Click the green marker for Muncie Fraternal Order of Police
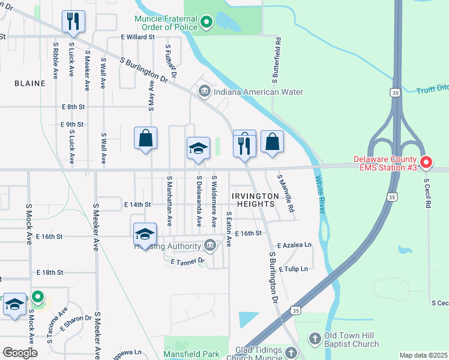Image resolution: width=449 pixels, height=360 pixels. pos(206,23)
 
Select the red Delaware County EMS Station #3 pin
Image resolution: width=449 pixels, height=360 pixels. pos(426,162)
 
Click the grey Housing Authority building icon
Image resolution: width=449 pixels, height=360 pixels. pos(210,245)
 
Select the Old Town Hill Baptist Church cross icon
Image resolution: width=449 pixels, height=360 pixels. pos(315,340)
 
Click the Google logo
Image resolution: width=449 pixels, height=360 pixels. pos(20,353)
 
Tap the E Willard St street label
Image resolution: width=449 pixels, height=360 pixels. pos(137,37)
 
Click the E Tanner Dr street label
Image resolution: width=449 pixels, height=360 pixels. pos(188,262)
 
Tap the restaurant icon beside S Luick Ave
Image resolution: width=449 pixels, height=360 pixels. pos(73,22)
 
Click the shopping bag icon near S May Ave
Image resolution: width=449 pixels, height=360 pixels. pos(145,139)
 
